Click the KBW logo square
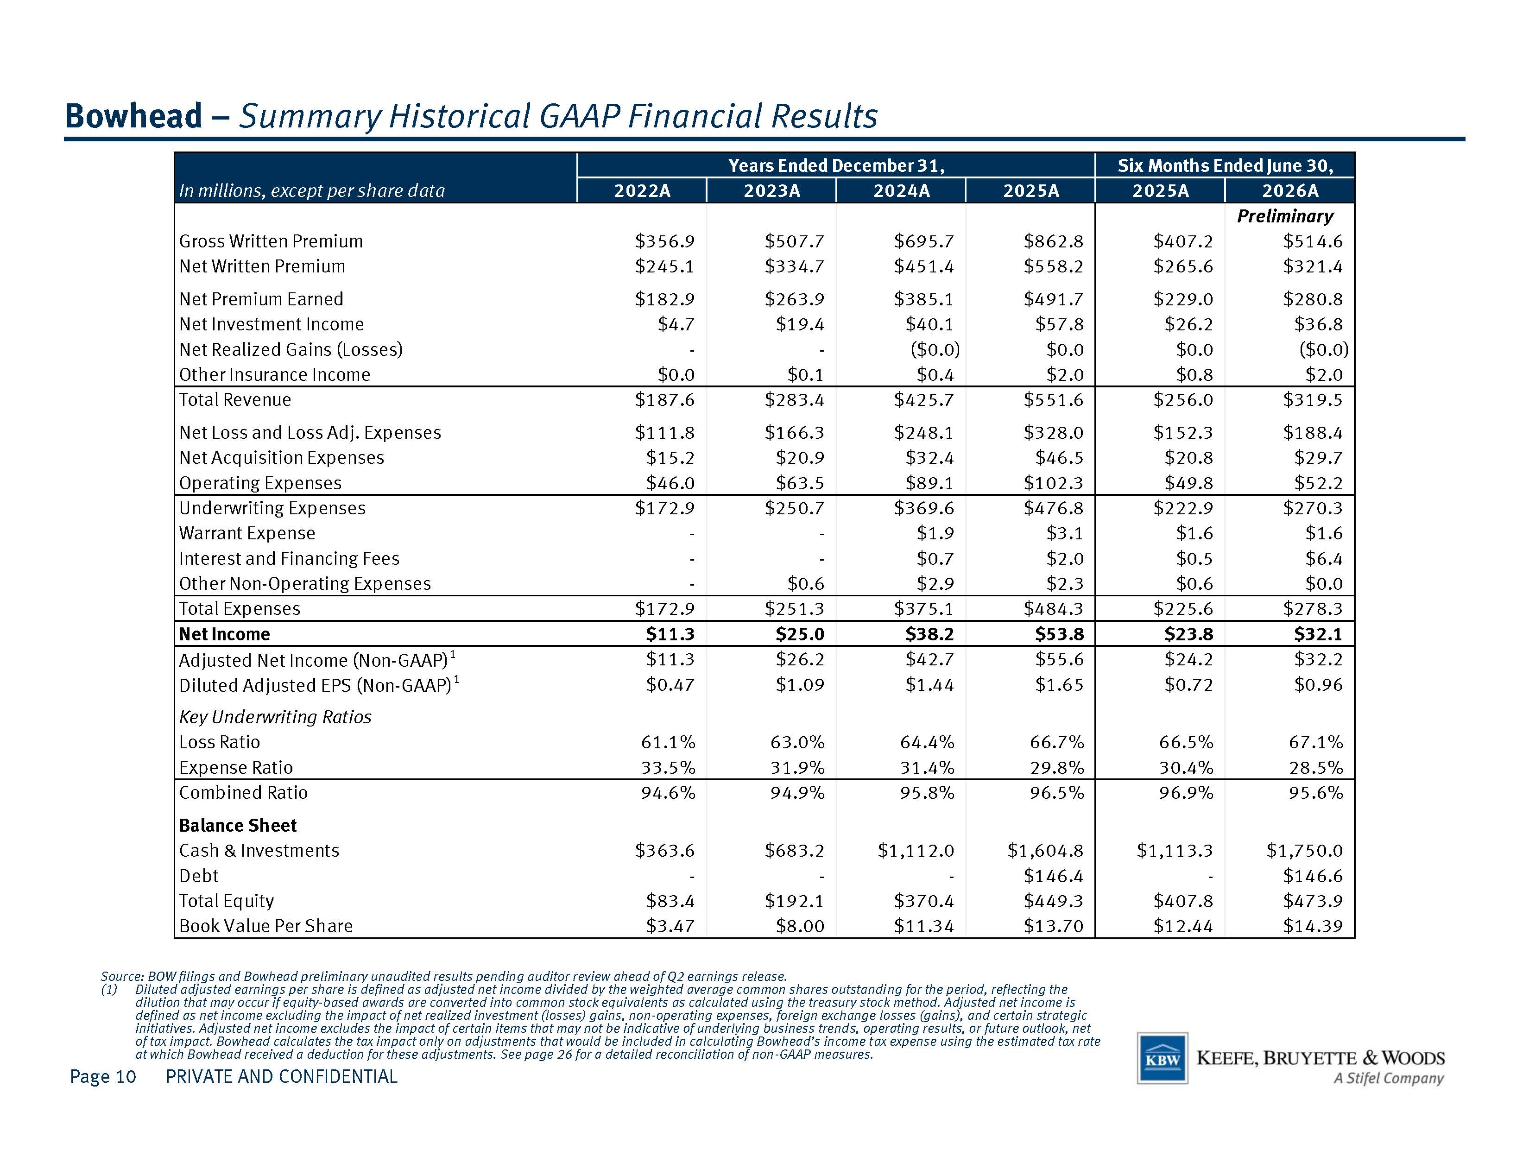coord(1163,1058)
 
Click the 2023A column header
coord(771,191)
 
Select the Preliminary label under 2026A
coord(1285,216)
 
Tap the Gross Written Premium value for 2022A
coord(665,241)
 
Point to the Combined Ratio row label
coord(243,793)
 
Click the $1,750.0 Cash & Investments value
coord(1304,851)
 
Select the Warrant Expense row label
coord(247,534)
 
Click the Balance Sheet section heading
coord(238,825)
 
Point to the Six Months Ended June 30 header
coord(1226,166)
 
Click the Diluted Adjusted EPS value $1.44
coord(930,685)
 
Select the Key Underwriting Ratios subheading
coord(275,717)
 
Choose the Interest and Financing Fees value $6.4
coord(1324,558)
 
